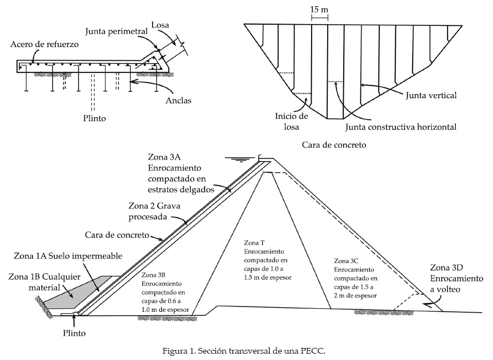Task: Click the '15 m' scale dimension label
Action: tap(319, 9)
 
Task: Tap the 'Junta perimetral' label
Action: tap(117, 32)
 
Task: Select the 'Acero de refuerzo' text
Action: tap(44, 44)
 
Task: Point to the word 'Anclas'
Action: tap(178, 100)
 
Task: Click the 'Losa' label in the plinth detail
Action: tap(160, 25)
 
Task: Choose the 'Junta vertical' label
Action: tap(431, 95)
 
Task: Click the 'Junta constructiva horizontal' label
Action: tap(401, 127)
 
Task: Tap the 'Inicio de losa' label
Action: tap(292, 121)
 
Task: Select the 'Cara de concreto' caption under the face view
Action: tap(334, 145)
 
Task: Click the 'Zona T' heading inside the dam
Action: tap(254, 243)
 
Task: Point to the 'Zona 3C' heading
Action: tap(346, 261)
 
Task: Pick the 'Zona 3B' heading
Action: tap(153, 275)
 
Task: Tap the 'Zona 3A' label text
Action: tap(164, 157)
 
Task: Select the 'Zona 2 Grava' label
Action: tap(154, 206)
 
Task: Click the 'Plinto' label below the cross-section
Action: tap(74, 333)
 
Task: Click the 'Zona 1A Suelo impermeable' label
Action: tap(68, 256)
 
